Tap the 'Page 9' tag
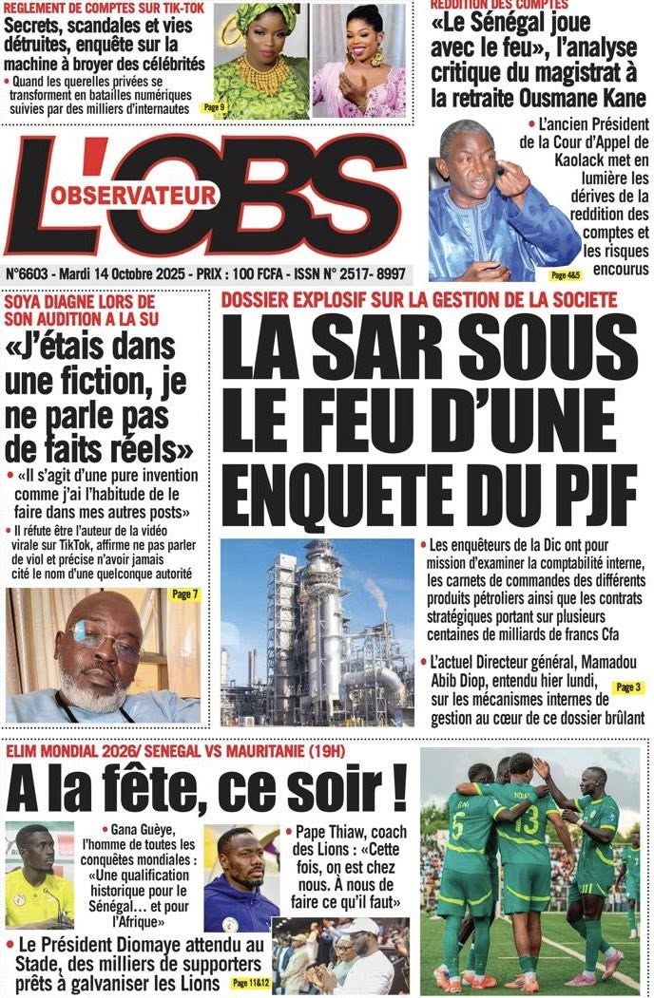pyautogui.click(x=215, y=108)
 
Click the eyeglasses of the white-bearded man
pyautogui.click(x=104, y=638)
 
